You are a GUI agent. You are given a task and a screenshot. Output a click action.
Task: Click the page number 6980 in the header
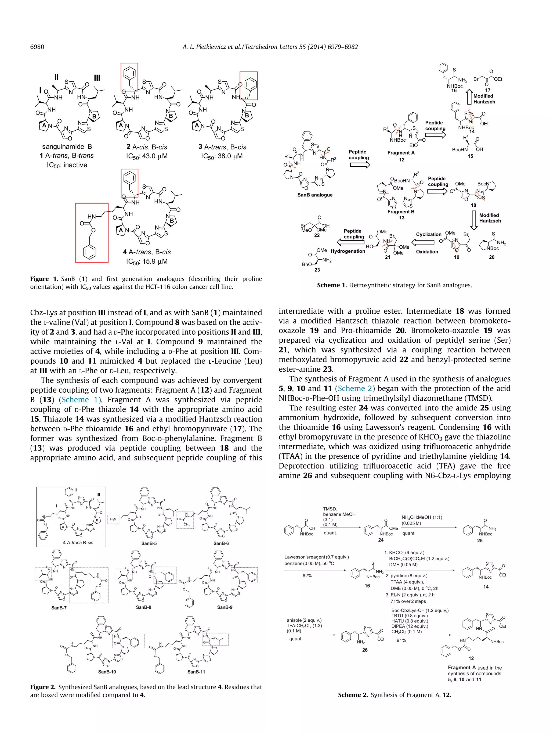pyautogui.click(x=37, y=47)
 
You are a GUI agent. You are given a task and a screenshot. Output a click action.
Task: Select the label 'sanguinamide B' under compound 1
pyautogui.click(x=67, y=147)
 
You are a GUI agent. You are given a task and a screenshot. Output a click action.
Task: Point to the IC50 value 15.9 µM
pyautogui.click(x=147, y=262)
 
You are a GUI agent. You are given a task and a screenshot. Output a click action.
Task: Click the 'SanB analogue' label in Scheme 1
pyautogui.click(x=315, y=195)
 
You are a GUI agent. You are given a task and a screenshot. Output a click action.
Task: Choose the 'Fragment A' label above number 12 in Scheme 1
pyautogui.click(x=401, y=153)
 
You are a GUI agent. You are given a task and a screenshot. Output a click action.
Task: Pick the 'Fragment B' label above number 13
pyautogui.click(x=401, y=212)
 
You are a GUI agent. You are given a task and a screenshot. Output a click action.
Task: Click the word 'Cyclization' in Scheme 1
pyautogui.click(x=429, y=234)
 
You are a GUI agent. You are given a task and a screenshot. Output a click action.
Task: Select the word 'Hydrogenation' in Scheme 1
pyautogui.click(x=348, y=251)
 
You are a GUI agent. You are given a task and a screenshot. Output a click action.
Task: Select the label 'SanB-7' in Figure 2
pyautogui.click(x=59, y=608)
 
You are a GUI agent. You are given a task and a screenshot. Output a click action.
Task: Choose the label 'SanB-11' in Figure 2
pyautogui.click(x=196, y=672)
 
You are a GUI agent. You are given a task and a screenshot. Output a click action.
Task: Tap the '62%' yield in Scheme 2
pyautogui.click(x=307, y=576)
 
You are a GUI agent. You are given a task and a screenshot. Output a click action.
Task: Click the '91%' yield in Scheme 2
pyautogui.click(x=401, y=640)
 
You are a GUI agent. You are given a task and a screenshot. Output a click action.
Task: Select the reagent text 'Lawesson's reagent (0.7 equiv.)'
pyautogui.click(x=316, y=557)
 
